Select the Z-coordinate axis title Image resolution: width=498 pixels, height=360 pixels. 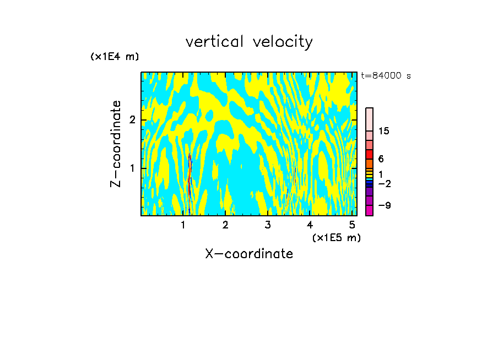click(x=116, y=144)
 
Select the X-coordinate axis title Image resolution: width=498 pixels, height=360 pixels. click(x=249, y=254)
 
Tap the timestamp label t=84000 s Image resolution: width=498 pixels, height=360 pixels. click(x=386, y=76)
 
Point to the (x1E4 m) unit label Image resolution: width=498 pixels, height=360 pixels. click(x=115, y=57)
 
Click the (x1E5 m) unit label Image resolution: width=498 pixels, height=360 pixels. click(x=336, y=237)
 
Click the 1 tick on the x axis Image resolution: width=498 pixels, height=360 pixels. click(x=183, y=225)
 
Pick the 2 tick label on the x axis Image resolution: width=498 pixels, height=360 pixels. click(x=225, y=225)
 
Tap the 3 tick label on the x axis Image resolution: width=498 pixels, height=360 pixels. click(x=268, y=225)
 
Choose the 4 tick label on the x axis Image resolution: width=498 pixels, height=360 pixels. click(x=310, y=225)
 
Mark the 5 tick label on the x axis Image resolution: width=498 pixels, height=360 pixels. click(x=351, y=225)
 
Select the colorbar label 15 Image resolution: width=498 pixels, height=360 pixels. click(x=384, y=131)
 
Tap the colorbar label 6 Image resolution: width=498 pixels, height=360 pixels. click(x=381, y=159)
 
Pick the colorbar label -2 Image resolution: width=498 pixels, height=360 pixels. click(x=384, y=183)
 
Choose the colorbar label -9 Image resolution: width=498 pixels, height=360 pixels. click(x=384, y=205)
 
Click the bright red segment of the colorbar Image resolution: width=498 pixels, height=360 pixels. click(x=370, y=154)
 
